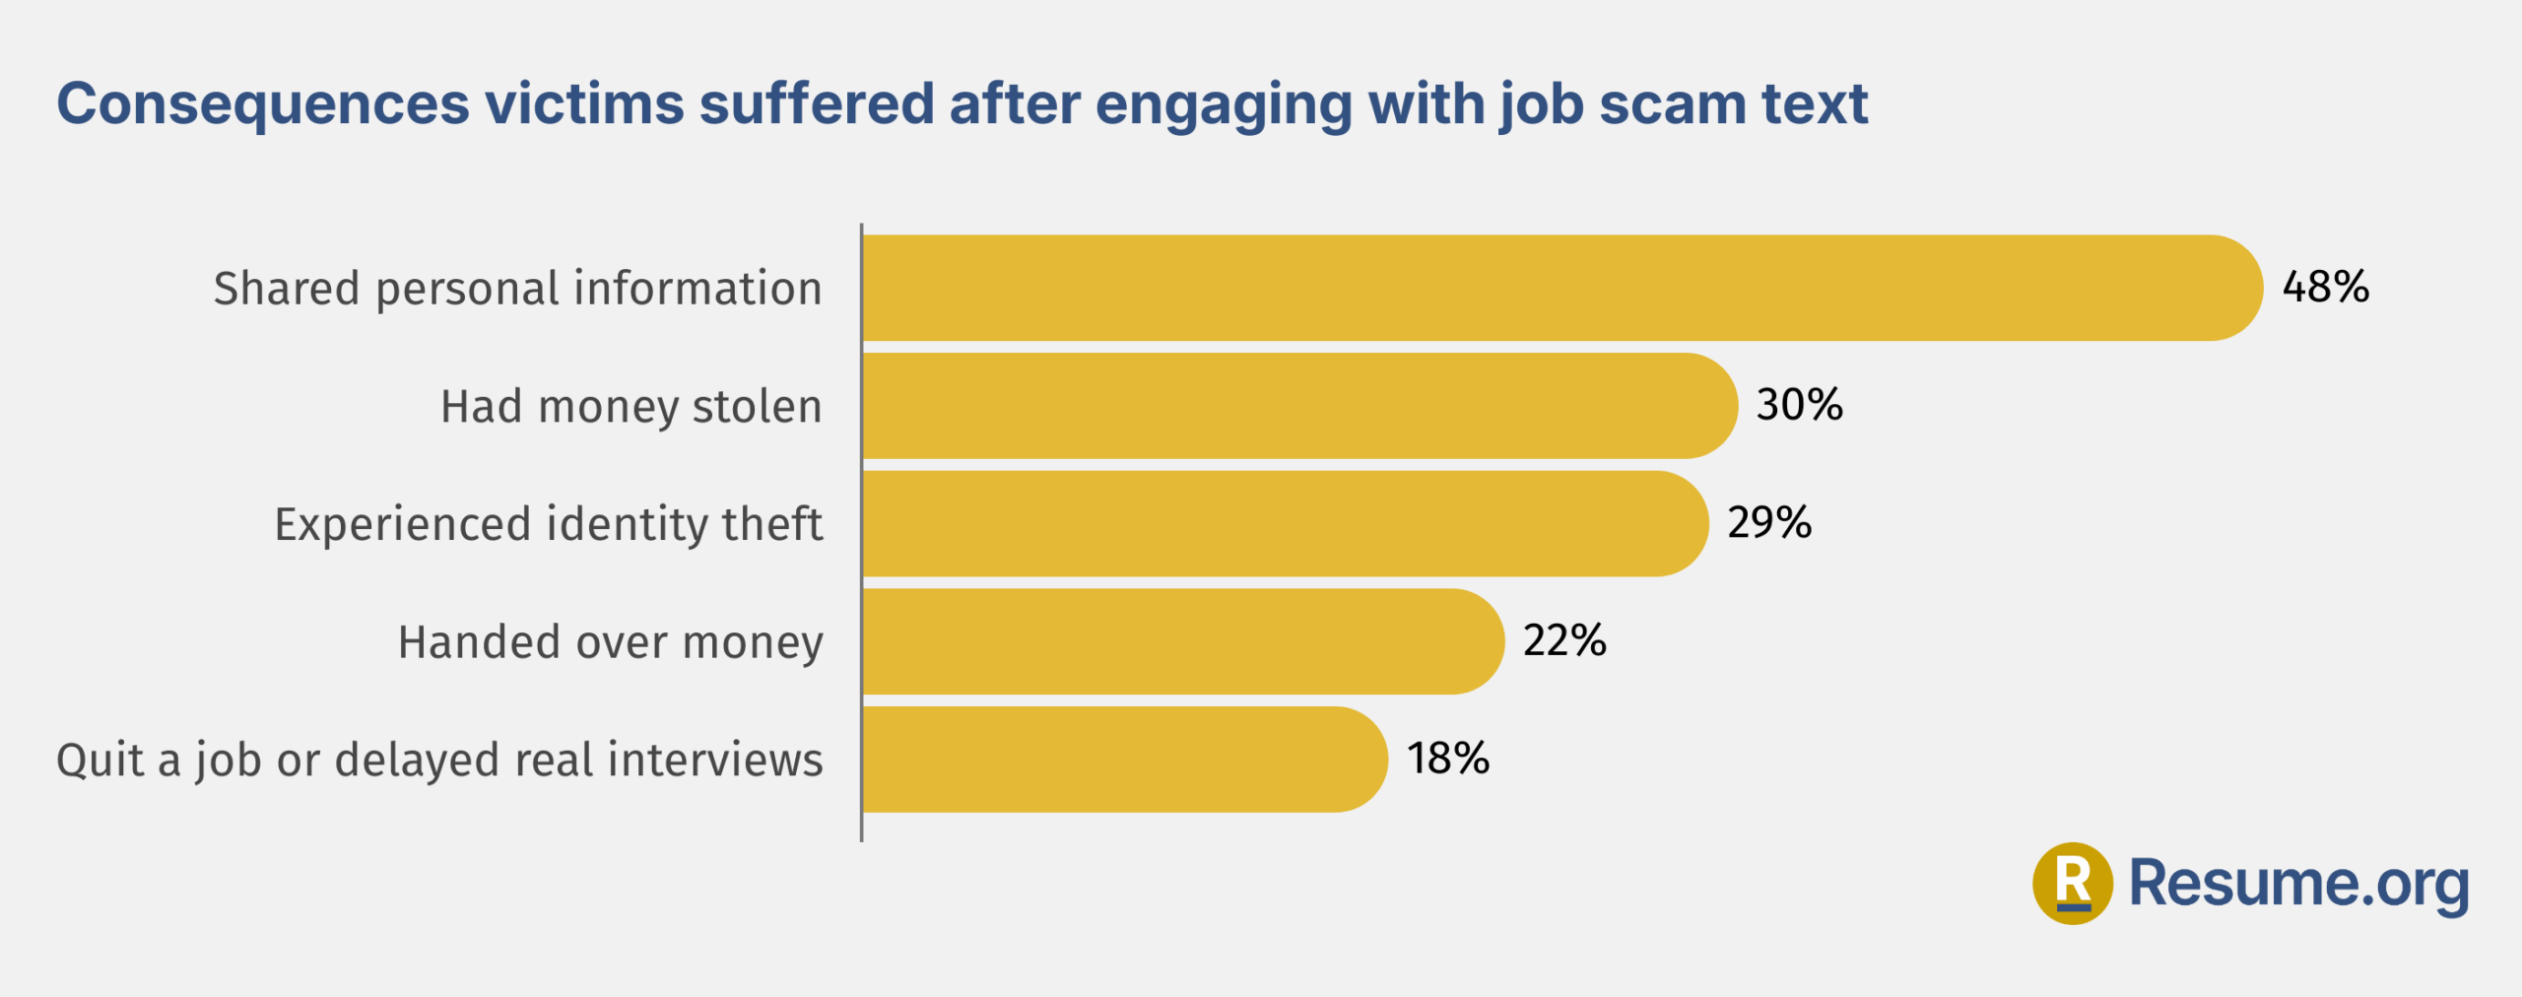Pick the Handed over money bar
click(x=1182, y=641)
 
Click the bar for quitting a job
click(x=1123, y=760)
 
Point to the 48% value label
click(x=2325, y=287)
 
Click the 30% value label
click(x=1799, y=405)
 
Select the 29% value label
click(x=1769, y=522)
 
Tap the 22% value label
click(x=1564, y=640)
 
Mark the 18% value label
click(x=1447, y=759)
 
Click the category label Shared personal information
click(x=517, y=289)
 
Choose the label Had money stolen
click(x=630, y=407)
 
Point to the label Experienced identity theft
click(x=548, y=524)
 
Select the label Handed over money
click(x=610, y=642)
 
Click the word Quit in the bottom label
click(x=98, y=761)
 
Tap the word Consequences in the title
click(x=263, y=103)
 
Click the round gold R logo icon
click(x=2072, y=883)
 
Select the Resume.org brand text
click(x=2298, y=883)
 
